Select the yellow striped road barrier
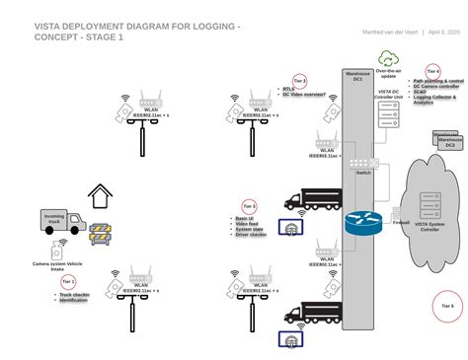pyautogui.click(x=105, y=234)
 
